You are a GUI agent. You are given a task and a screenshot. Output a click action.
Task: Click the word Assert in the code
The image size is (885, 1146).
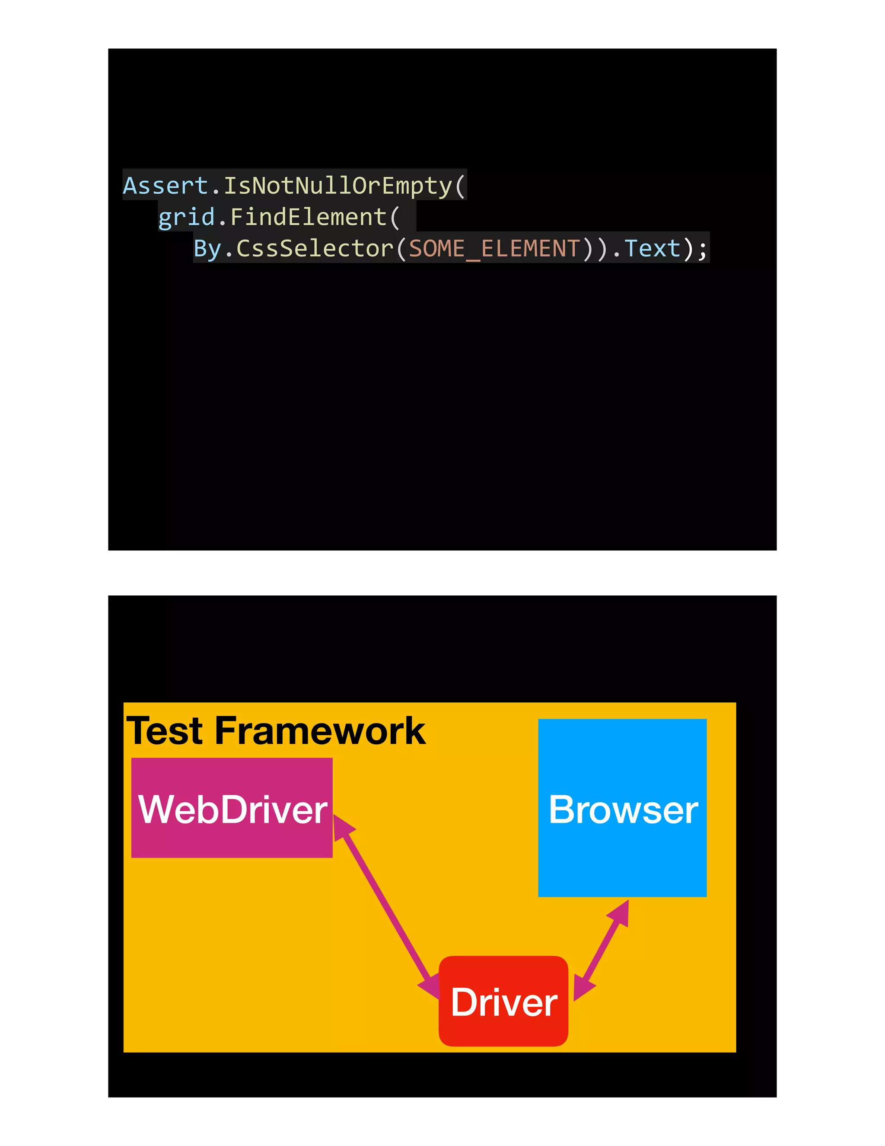165,186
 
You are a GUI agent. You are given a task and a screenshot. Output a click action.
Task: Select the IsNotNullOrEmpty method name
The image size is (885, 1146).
338,186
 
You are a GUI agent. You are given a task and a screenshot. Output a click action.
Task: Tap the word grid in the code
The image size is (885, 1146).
187,217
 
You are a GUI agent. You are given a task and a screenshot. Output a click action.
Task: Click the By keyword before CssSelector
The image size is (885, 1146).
207,248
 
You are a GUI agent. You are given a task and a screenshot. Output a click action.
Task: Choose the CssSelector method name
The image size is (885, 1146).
315,248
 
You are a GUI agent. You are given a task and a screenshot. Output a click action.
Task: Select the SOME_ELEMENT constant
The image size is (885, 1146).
494,248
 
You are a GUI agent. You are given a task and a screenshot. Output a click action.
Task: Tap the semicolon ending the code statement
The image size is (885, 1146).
703,249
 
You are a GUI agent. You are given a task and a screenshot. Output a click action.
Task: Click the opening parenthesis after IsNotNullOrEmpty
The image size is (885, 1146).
460,186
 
